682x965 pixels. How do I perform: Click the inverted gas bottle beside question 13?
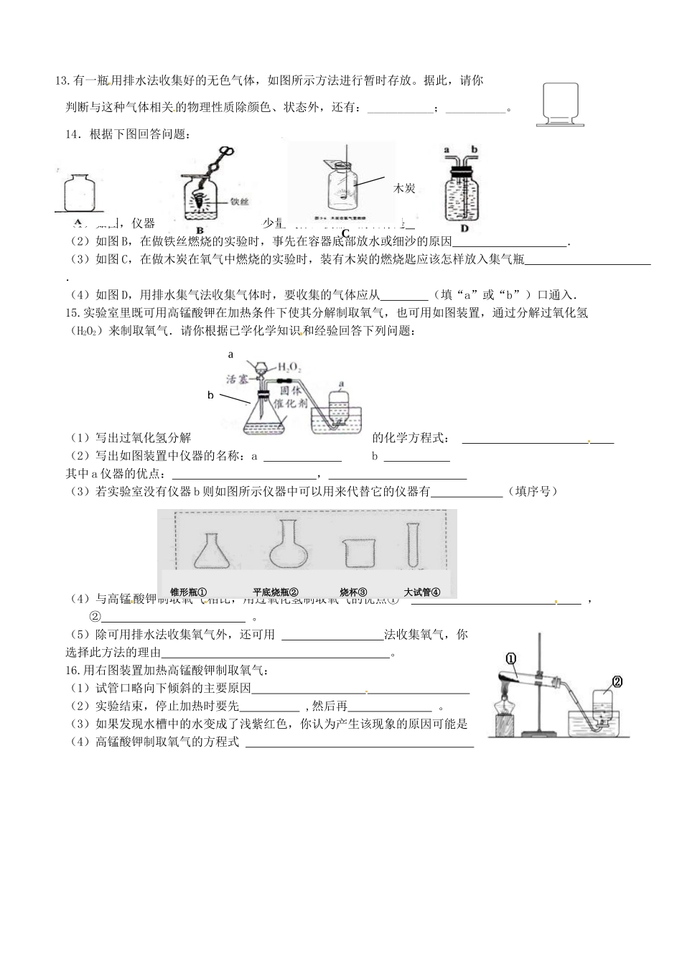click(561, 105)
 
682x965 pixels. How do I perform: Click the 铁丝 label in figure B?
click(239, 202)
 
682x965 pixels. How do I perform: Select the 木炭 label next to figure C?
click(404, 188)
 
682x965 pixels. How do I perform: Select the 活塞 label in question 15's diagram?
click(236, 379)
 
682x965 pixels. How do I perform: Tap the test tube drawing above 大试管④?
click(414, 546)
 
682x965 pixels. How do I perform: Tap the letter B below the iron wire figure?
click(190, 230)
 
